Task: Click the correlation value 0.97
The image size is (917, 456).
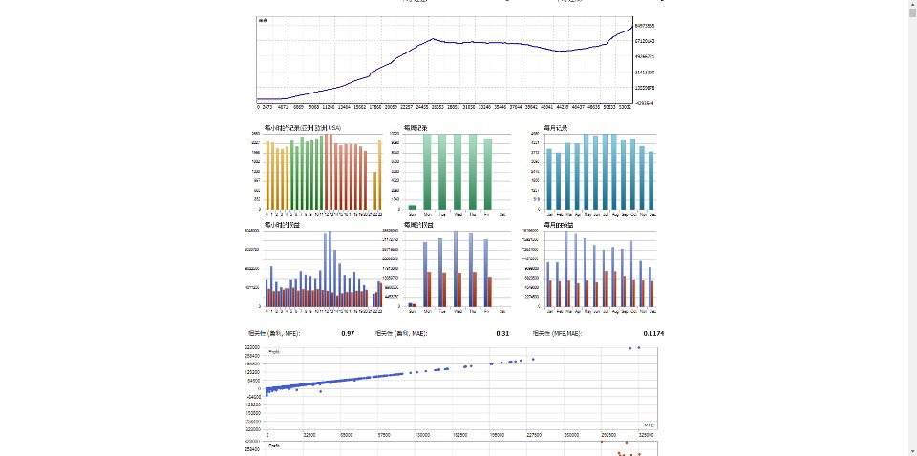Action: [348, 333]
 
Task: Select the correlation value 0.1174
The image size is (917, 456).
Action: [653, 333]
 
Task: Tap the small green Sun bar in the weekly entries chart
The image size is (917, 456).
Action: [413, 207]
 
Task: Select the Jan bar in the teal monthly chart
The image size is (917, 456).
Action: [550, 178]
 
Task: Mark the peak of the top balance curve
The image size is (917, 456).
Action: [434, 39]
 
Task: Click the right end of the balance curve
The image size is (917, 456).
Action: [631, 27]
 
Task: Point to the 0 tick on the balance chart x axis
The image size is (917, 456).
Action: [259, 107]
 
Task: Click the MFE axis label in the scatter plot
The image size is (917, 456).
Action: [648, 424]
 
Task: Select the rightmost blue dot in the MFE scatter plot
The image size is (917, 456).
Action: [639, 348]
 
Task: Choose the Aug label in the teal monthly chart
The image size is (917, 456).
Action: [611, 215]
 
